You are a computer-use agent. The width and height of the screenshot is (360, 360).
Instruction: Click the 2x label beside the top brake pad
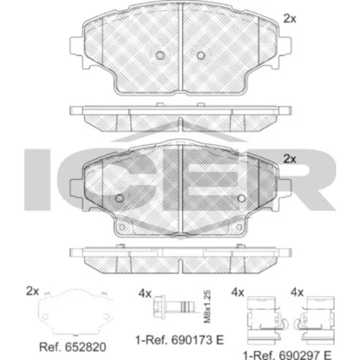289,19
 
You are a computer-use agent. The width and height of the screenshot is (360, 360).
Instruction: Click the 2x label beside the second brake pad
289,159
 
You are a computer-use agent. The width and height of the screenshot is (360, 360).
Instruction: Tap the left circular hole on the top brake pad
160,55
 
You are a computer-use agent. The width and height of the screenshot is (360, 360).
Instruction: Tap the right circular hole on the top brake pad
201,55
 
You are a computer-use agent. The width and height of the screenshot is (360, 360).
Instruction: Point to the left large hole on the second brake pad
120,198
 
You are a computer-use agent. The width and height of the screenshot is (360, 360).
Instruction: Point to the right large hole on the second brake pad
241,198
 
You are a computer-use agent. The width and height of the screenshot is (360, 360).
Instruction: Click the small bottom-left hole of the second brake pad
122,227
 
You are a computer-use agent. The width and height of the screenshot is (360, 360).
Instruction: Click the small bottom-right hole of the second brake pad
239,227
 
